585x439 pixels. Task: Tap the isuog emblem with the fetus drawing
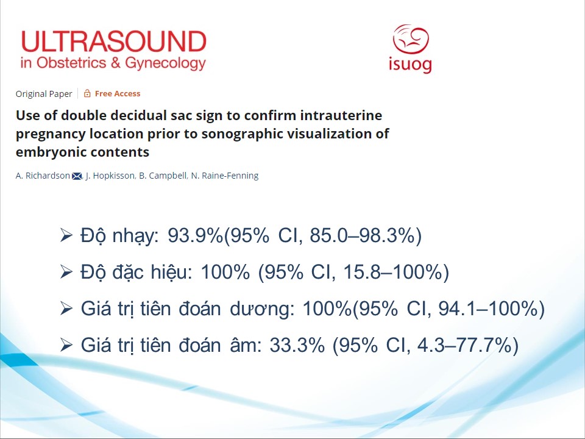pyautogui.click(x=411, y=39)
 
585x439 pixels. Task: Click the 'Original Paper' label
pyautogui.click(x=44, y=94)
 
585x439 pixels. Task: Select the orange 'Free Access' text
pyautogui.click(x=118, y=93)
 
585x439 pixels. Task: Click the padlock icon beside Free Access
pyautogui.click(x=87, y=93)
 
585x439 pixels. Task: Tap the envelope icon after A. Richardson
pyautogui.click(x=77, y=176)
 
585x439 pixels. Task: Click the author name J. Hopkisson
pyautogui.click(x=110, y=176)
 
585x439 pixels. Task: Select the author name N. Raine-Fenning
pyautogui.click(x=225, y=176)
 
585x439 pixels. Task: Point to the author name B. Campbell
pyautogui.click(x=163, y=176)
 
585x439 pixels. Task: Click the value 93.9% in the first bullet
pyautogui.click(x=195, y=235)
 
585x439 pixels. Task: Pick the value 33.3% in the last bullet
pyautogui.click(x=297, y=345)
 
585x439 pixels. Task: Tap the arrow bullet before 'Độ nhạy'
pyautogui.click(x=66, y=235)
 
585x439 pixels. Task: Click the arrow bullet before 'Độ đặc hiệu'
pyautogui.click(x=66, y=272)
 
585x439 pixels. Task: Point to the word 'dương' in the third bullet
pyautogui.click(x=262, y=310)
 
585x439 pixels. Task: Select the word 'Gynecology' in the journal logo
pyautogui.click(x=165, y=63)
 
